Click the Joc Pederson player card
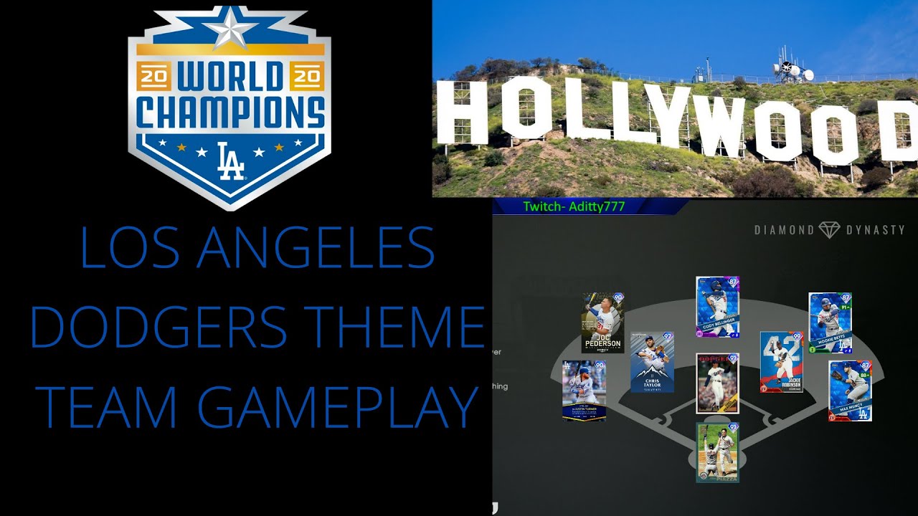[602, 322]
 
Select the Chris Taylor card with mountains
[652, 362]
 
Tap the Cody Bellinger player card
[717, 307]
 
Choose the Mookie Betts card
[830, 322]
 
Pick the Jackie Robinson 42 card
[781, 362]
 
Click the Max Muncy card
[849, 390]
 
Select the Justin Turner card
[584, 391]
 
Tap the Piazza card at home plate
[717, 451]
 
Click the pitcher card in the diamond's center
[717, 383]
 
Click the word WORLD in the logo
[229, 75]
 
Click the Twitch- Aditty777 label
[574, 206]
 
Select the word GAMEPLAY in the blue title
[337, 406]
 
